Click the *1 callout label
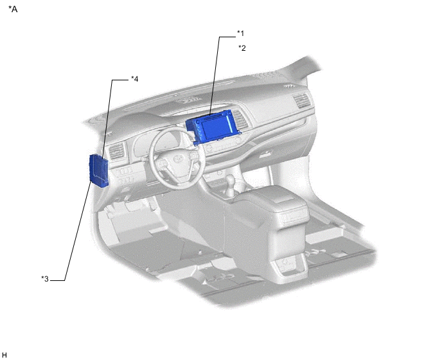[x=240, y=33]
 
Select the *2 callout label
[x=242, y=48]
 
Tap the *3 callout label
[x=45, y=279]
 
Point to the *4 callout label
[x=135, y=78]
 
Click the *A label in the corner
[x=13, y=9]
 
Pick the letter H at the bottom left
[x=4, y=355]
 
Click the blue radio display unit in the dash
[x=213, y=127]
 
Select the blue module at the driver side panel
[x=99, y=171]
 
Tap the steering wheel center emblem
[x=177, y=159]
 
